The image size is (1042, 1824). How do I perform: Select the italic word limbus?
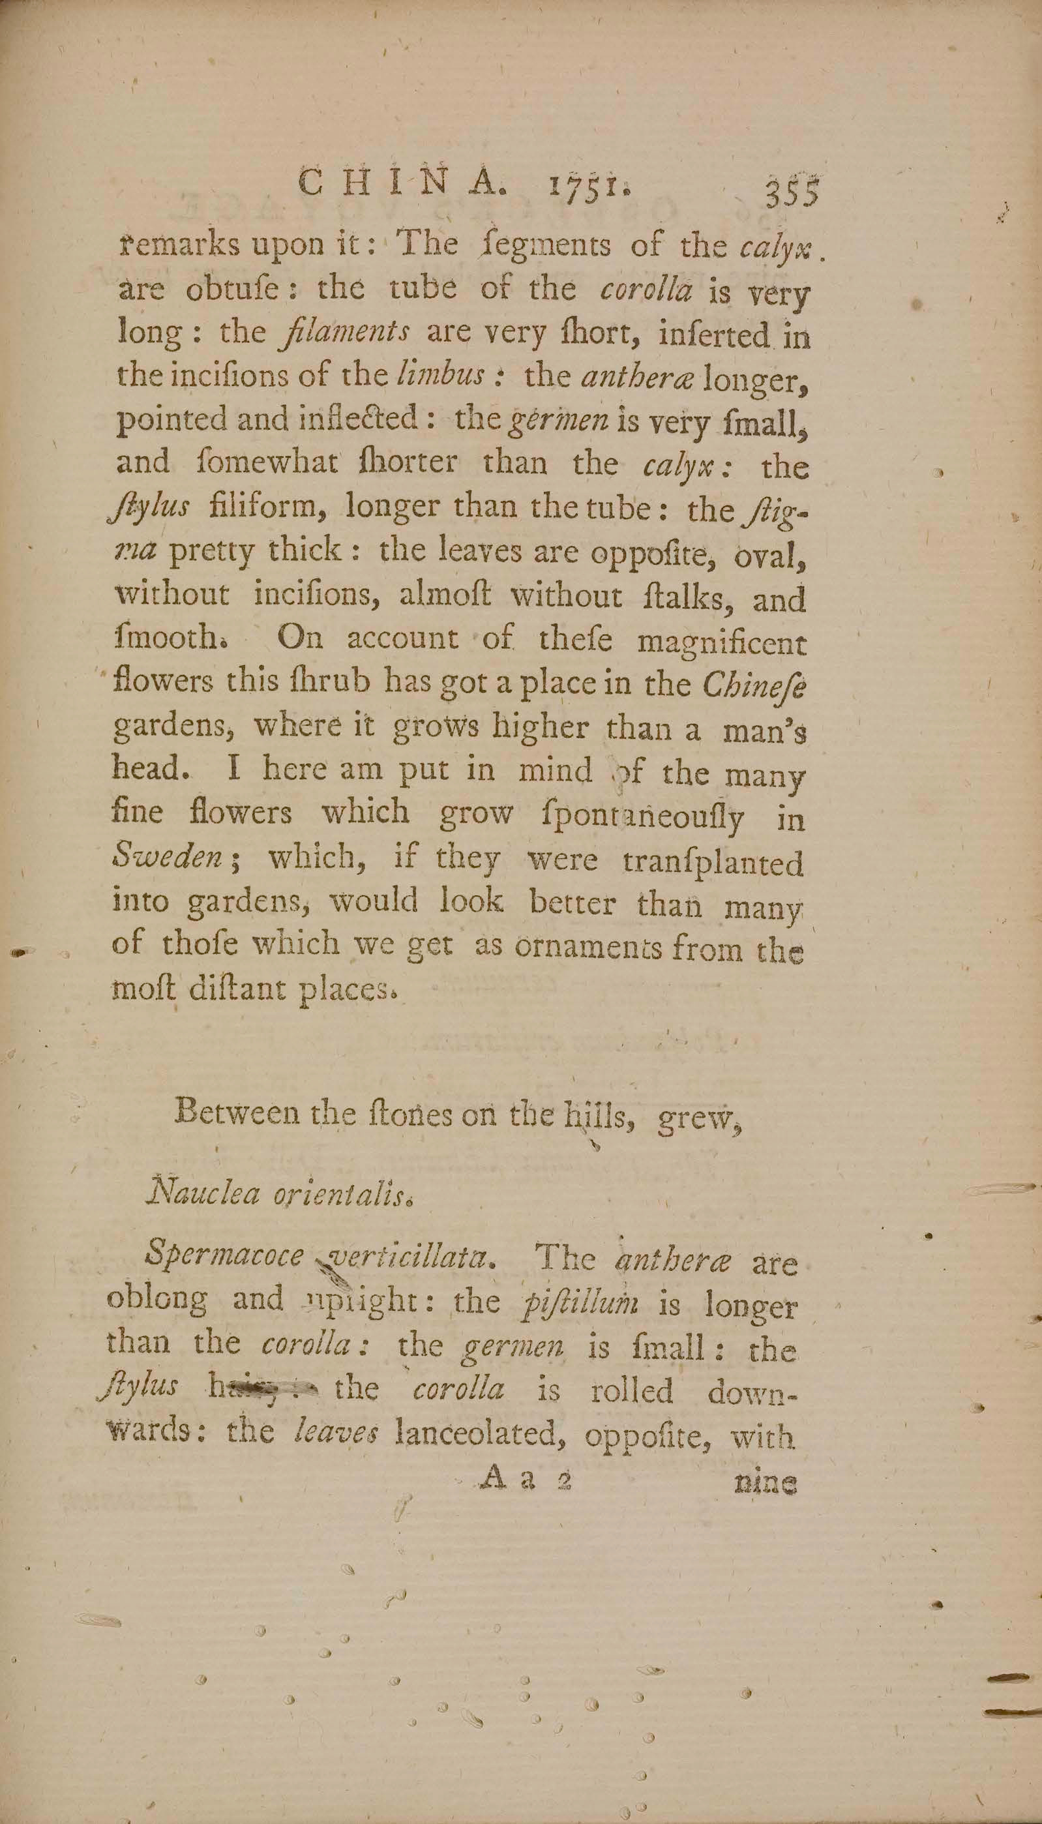click(441, 376)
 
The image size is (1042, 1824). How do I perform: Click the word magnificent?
click(721, 642)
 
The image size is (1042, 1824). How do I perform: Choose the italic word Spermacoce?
click(224, 1258)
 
